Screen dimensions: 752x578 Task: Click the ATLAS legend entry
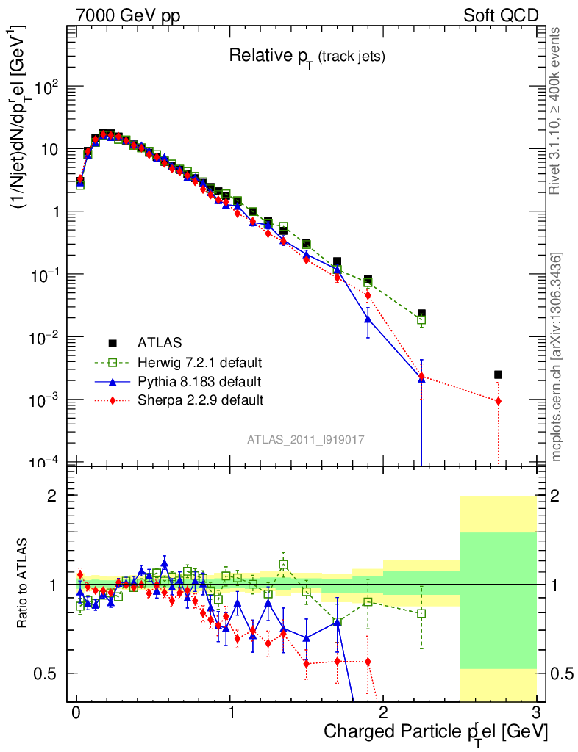tap(160, 342)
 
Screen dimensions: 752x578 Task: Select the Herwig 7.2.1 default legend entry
tap(199, 362)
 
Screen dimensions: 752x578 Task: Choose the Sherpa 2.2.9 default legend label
tap(200, 400)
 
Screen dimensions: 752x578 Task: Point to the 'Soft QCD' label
tap(501, 15)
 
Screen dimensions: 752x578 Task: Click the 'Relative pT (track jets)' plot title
tap(307, 56)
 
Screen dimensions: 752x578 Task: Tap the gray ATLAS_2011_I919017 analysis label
tap(306, 438)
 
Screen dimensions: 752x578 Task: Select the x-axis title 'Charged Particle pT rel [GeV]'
tap(436, 731)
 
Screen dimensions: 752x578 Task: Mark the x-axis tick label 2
tap(383, 713)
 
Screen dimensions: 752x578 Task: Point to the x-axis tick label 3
tap(536, 713)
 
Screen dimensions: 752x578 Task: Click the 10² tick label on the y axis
tap(46, 87)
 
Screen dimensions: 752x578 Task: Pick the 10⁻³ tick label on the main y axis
tap(45, 400)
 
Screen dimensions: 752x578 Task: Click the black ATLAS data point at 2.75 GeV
tap(498, 375)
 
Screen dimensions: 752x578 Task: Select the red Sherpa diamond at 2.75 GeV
tap(498, 401)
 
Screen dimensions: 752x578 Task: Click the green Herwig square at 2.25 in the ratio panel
tap(421, 613)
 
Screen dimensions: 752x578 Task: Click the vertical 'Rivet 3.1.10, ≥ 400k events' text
tap(557, 110)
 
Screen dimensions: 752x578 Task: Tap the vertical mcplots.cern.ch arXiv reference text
tap(557, 357)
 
